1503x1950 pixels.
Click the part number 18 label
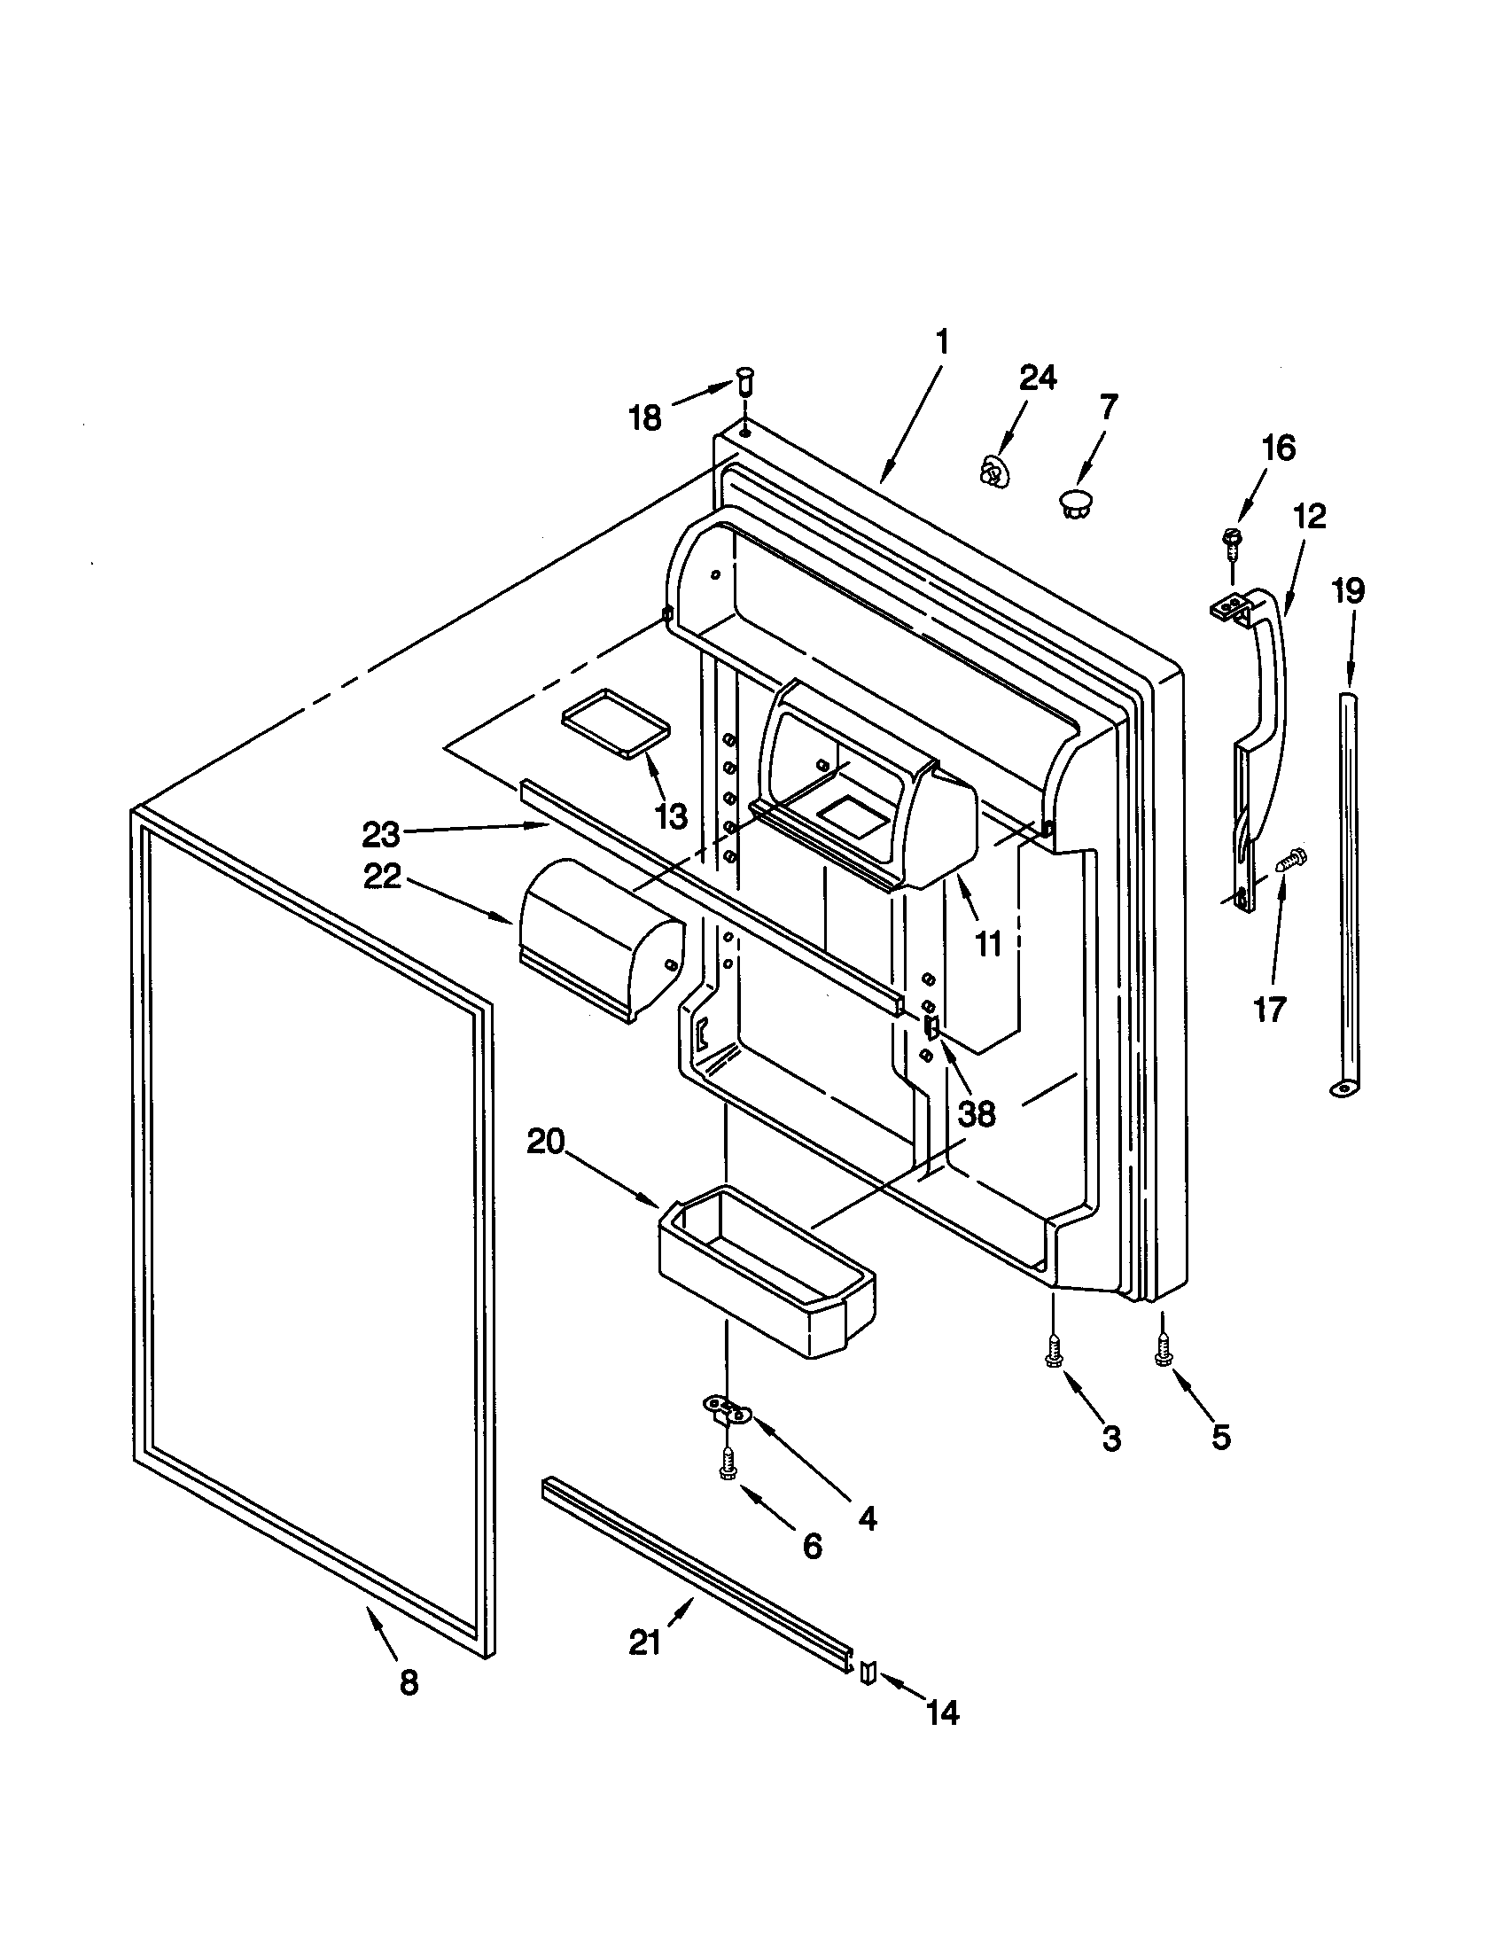tap(645, 417)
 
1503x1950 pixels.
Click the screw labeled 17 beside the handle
tap(1290, 861)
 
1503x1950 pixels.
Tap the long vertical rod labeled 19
tap(1352, 893)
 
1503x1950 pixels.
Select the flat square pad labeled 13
tap(616, 722)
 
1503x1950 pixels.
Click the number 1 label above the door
tap(943, 341)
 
